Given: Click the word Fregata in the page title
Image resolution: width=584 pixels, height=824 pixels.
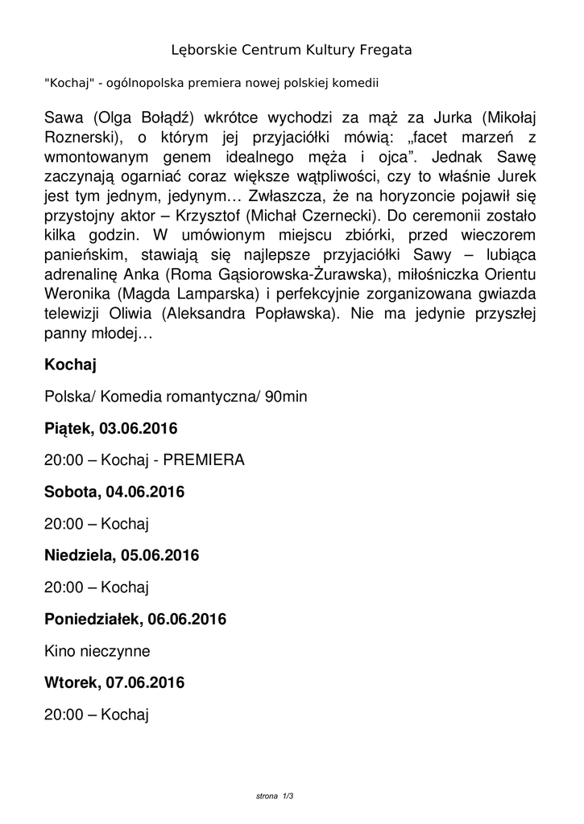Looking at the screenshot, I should pos(381,50).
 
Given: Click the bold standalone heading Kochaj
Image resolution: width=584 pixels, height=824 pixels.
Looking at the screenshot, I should pos(70,366).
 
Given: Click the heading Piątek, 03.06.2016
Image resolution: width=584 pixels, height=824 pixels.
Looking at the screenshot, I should pos(111,428).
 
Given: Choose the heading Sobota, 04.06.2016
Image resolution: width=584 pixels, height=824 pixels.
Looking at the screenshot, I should pos(114,492).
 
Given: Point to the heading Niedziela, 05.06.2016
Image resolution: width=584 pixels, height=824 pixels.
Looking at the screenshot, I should pos(122,555).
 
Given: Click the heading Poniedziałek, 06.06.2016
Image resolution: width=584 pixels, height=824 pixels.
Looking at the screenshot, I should pos(135,619).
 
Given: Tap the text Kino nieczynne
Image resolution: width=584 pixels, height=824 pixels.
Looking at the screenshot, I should pos(97,650).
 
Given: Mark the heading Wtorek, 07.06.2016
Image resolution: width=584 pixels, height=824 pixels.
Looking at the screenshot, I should pos(114,682).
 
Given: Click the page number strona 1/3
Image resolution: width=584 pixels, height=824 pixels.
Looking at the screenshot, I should pos(274,796).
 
